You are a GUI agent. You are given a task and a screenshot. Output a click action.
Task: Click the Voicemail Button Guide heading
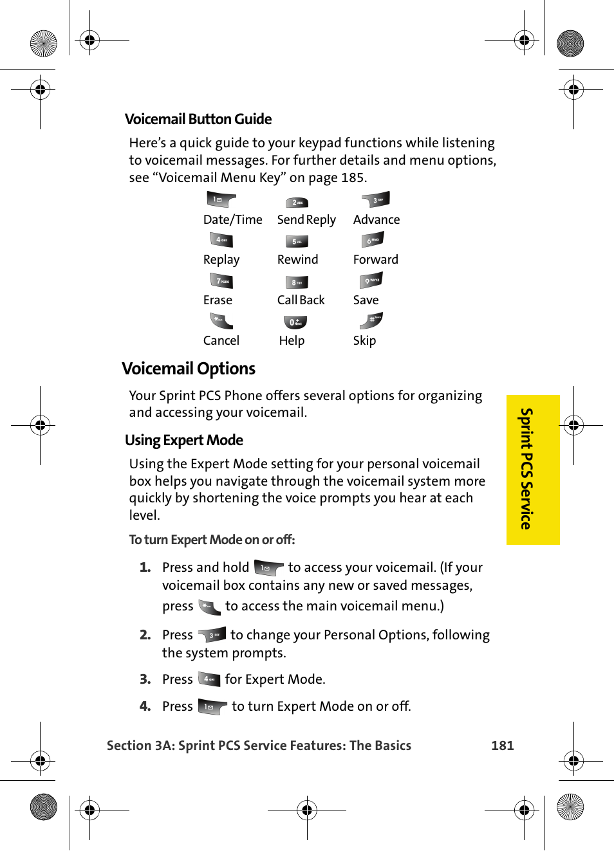pos(198,119)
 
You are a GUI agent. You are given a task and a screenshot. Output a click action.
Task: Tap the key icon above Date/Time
pos(221,200)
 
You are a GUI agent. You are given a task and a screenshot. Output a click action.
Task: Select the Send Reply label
pos(306,220)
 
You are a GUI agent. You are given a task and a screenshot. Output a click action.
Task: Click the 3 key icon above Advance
pos(376,200)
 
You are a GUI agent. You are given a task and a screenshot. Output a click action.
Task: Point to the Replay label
pos(221,260)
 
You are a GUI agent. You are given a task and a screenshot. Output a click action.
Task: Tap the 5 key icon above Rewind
pos(297,241)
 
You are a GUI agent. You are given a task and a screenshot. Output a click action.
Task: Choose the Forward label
pos(375,260)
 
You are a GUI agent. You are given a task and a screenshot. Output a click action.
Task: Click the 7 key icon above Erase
pos(221,281)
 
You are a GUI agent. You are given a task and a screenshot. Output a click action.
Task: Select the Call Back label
pos(301,300)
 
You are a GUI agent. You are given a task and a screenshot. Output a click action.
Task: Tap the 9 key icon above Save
pos(372,280)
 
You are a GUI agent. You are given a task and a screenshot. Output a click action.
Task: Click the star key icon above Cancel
pos(221,320)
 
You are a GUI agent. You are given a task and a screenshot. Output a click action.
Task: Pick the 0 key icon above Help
pos(295,322)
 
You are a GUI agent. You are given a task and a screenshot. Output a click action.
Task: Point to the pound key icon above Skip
pos(372,320)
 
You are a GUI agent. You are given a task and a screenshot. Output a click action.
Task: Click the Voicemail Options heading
pos(189,369)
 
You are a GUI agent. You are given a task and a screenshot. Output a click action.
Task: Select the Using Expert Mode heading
pos(184,440)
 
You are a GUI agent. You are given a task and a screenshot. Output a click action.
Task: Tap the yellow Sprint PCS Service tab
pos(532,470)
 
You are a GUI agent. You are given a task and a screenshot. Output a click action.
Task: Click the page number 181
pos(502,746)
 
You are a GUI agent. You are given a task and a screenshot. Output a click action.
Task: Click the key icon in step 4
pos(212,707)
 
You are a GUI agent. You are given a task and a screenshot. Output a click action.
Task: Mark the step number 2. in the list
pos(145,635)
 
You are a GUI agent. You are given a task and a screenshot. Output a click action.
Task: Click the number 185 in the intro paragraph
pos(353,178)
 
